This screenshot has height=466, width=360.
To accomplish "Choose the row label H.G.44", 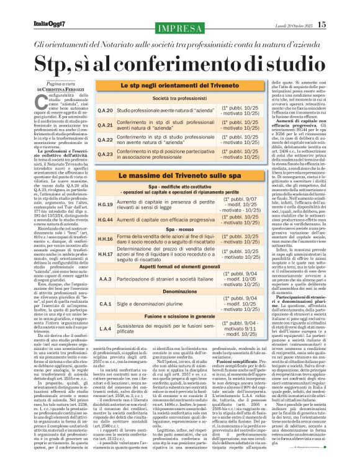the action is point(106,220).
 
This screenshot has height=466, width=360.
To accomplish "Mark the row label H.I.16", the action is point(106,238).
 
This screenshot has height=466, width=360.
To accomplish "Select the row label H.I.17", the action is point(106,254).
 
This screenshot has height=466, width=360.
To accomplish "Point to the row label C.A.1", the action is point(106,305).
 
